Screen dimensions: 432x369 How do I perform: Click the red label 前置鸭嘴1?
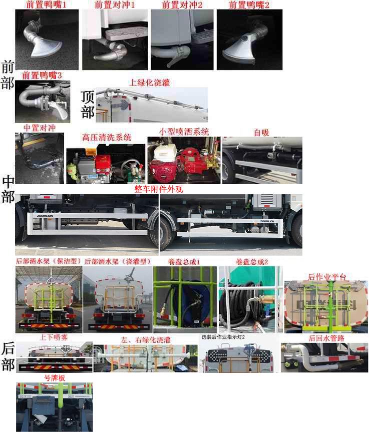click(46, 5)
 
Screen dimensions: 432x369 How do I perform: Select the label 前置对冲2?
click(182, 5)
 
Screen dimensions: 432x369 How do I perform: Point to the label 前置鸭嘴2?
click(249, 5)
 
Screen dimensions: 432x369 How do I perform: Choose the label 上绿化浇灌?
click(150, 83)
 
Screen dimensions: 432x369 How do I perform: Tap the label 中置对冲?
click(39, 128)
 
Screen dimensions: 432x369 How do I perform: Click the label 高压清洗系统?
click(107, 137)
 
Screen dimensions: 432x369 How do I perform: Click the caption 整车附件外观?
click(159, 190)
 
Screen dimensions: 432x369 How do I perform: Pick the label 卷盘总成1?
click(184, 262)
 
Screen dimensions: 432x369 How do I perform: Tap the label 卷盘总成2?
click(252, 262)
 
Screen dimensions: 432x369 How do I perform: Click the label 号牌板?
click(55, 377)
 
